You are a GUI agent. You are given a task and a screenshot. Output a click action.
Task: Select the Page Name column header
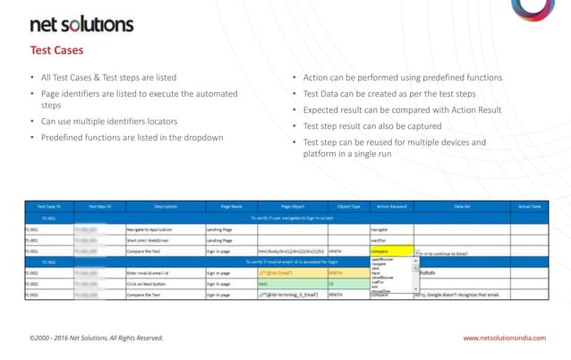coord(231,206)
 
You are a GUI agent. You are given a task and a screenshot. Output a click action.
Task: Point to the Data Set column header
coord(462,206)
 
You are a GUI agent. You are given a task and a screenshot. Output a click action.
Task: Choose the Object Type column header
coord(347,206)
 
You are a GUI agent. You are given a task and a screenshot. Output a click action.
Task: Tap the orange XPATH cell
coord(347,272)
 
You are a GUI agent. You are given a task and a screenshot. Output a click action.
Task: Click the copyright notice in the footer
coord(97,338)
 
